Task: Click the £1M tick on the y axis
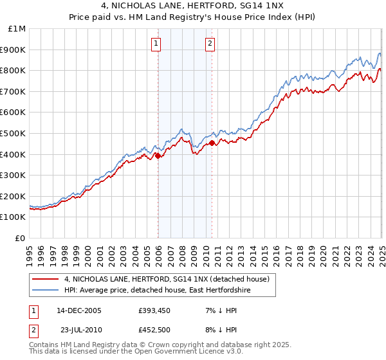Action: click(x=17, y=28)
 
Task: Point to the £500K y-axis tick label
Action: click(x=14, y=133)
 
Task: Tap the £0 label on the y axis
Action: click(x=21, y=238)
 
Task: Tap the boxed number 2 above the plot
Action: click(x=210, y=44)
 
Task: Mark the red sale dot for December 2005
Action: click(x=158, y=155)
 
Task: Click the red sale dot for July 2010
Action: click(x=212, y=143)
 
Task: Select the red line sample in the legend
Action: click(x=46, y=279)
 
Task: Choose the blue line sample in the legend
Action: click(x=46, y=291)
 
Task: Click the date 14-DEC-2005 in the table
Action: click(x=79, y=310)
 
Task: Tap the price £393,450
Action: click(x=154, y=310)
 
